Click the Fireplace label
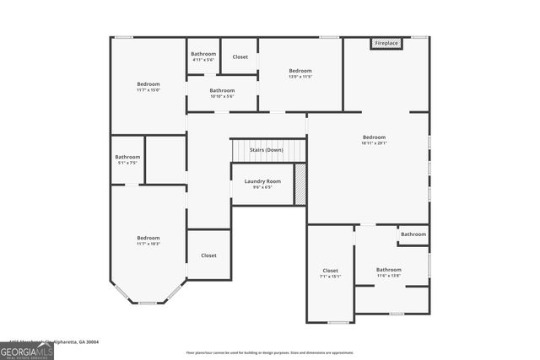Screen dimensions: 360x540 (386, 43)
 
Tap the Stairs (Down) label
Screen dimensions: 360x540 (263, 150)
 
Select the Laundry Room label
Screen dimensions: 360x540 (262, 181)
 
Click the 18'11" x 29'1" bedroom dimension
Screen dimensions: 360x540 (374, 143)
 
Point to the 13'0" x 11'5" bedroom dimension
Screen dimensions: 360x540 (300, 77)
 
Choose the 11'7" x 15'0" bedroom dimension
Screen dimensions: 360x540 (148, 90)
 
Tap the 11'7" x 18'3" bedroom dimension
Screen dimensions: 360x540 (148, 244)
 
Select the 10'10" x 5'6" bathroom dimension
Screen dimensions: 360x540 (222, 96)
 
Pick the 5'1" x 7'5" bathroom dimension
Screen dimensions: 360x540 (127, 163)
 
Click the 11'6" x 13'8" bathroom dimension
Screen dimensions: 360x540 (388, 276)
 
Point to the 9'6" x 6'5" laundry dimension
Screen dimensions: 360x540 (262, 187)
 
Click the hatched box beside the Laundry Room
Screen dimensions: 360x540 (300, 183)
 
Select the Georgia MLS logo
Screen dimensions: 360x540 (27, 350)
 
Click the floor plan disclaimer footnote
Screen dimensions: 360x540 (270, 352)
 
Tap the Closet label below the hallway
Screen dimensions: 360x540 (208, 255)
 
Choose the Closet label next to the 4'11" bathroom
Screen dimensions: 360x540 (240, 57)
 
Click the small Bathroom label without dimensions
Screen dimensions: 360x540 (413, 234)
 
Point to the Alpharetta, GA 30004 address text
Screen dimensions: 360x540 (76, 341)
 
